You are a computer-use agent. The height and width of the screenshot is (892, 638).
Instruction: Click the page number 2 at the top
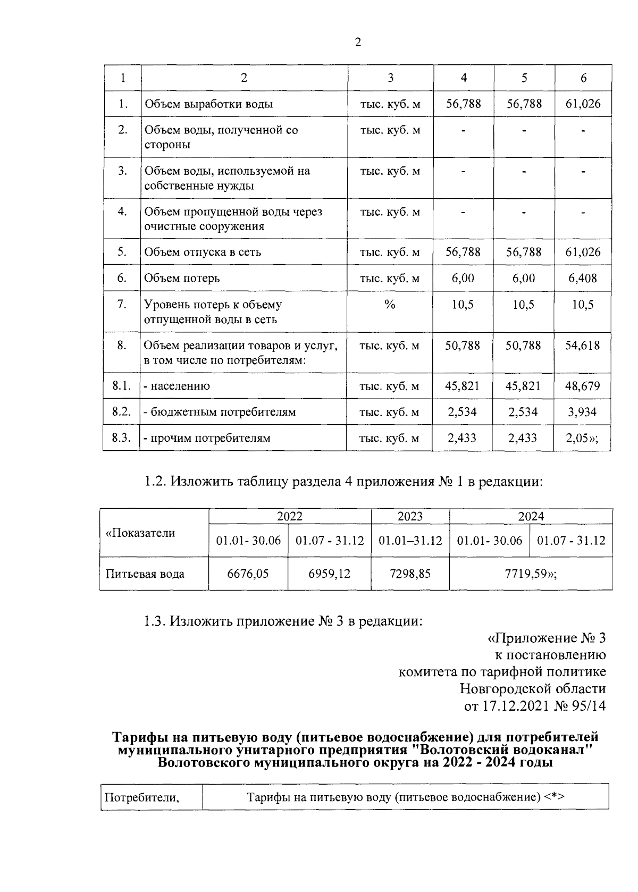click(x=358, y=43)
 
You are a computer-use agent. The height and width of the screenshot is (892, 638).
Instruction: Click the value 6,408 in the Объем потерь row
click(x=583, y=278)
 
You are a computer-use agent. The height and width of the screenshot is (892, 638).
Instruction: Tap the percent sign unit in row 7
click(x=390, y=305)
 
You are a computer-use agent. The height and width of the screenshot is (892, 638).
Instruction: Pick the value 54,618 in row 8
click(x=583, y=346)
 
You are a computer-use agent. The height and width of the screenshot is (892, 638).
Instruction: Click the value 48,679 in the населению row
click(x=583, y=386)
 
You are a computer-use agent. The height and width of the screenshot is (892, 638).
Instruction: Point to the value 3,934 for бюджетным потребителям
click(x=583, y=412)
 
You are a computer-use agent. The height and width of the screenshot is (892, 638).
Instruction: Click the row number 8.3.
click(x=122, y=438)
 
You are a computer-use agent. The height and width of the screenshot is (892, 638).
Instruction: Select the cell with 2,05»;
click(x=583, y=438)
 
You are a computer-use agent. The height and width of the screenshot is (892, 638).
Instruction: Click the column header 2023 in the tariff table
click(x=410, y=517)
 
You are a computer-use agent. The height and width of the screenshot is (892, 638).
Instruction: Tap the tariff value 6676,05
click(x=248, y=574)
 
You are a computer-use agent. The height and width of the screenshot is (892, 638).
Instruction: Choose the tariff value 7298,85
click(x=410, y=574)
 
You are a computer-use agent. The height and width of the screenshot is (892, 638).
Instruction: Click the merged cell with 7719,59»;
click(x=530, y=574)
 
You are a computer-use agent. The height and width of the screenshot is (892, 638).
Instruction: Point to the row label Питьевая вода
click(x=145, y=574)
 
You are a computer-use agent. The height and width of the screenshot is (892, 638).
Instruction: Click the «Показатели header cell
click(x=140, y=533)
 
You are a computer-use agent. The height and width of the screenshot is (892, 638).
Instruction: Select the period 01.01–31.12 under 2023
click(x=410, y=541)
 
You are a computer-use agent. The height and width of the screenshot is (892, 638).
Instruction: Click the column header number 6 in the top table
click(x=583, y=78)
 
